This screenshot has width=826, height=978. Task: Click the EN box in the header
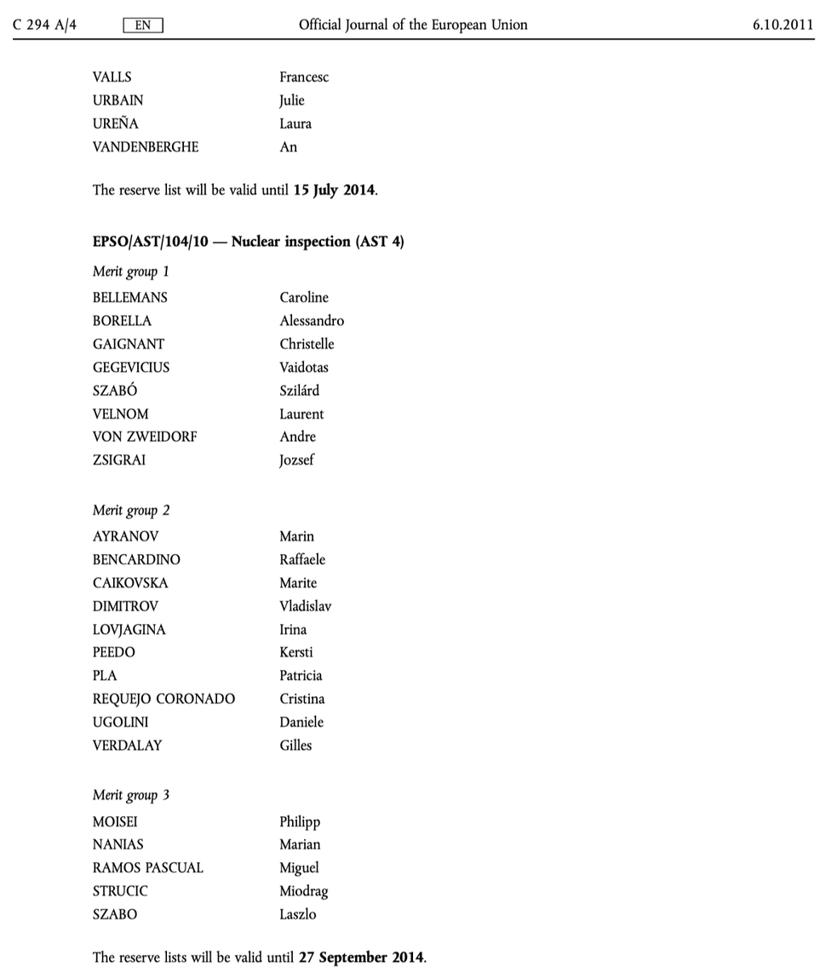(x=143, y=26)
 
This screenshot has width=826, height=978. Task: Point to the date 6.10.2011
(x=783, y=25)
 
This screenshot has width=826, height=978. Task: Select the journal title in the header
(x=413, y=25)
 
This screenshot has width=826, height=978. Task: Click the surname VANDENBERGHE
(x=146, y=146)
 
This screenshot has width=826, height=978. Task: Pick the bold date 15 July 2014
(x=334, y=190)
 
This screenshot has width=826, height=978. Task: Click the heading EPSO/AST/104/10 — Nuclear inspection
(x=248, y=242)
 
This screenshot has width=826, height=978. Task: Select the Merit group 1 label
(x=131, y=272)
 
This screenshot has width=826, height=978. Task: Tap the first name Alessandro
(x=312, y=321)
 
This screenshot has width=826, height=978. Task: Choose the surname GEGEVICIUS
(x=131, y=367)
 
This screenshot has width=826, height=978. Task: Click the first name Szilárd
(x=300, y=391)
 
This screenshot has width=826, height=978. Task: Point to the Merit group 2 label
(x=131, y=511)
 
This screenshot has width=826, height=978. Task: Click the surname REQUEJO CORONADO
(x=163, y=699)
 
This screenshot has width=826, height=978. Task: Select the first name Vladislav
(x=306, y=606)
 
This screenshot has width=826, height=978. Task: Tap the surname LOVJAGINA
(x=129, y=630)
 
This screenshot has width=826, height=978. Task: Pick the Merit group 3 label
(x=131, y=795)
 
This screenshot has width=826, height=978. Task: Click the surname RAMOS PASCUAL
(x=148, y=868)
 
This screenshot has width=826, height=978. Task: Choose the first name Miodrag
(x=303, y=891)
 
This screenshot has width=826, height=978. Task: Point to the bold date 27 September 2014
(x=361, y=957)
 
